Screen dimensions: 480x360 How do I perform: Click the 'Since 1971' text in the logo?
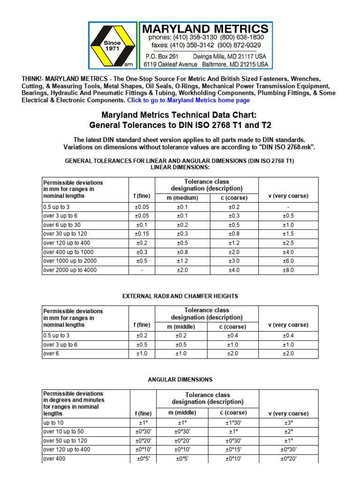click(112, 45)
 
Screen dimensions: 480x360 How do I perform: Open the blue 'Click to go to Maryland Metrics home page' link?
click(188, 100)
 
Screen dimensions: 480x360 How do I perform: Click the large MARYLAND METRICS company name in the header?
click(206, 29)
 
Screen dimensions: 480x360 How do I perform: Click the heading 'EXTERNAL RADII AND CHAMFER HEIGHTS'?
click(180, 296)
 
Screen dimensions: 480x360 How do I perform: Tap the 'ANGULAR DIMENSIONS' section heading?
click(180, 380)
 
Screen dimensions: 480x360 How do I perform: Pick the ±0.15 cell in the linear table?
click(142, 234)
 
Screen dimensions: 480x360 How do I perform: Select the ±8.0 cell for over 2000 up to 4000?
click(288, 270)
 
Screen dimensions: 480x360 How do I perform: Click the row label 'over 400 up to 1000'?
click(67, 252)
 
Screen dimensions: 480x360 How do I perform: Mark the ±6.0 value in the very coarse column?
click(288, 261)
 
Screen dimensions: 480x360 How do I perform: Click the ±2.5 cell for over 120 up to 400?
click(288, 243)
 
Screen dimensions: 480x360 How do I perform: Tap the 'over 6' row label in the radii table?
click(50, 354)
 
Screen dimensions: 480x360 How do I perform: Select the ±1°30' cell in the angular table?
click(233, 423)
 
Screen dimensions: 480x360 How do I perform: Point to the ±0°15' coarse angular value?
click(233, 450)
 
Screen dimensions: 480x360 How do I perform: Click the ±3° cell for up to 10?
click(288, 423)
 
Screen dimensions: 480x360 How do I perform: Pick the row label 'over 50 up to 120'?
click(65, 441)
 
